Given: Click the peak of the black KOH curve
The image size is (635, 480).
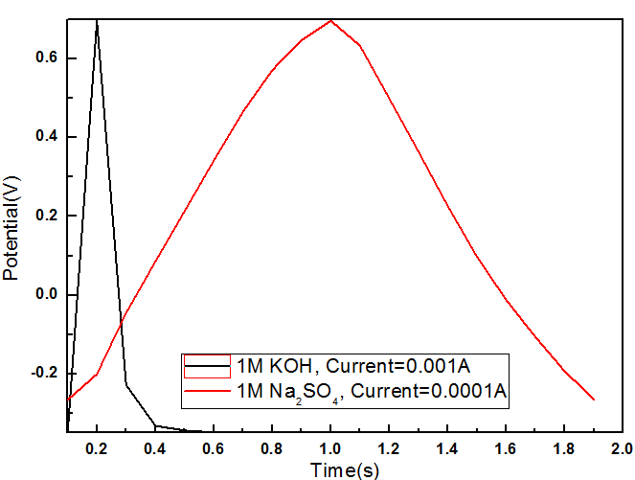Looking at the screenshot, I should tap(97, 20).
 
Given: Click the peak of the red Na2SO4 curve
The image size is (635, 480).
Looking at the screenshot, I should tap(330, 20).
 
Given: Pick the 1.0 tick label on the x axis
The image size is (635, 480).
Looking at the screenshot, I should tap(330, 447).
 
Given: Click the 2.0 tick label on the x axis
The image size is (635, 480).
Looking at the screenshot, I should tap(623, 447).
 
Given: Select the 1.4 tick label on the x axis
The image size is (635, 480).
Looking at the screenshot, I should tap(447, 447).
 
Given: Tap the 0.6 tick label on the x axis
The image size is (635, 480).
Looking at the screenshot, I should tap(214, 447).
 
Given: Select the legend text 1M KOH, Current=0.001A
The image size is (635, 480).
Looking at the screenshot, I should tap(354, 365).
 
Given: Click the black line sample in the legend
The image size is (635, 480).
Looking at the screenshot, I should tap(207, 365).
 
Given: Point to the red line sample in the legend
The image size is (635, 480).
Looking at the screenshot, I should tap(207, 390).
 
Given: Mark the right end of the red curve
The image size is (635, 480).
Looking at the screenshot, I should tap(594, 399).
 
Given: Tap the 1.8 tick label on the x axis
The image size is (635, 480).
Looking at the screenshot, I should tap(564, 447).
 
